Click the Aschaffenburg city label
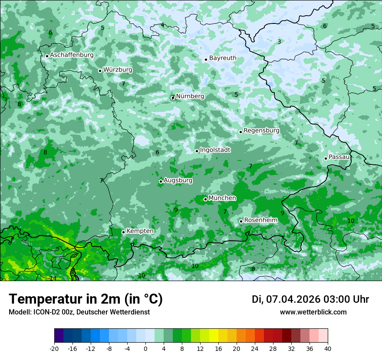[72, 55]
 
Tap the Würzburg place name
[118, 70]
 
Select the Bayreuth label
[223, 58]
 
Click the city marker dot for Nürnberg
[172, 98]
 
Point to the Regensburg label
[261, 131]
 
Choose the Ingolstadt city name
[215, 150]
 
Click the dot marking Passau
[326, 158]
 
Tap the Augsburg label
[178, 180]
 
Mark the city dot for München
[205, 199]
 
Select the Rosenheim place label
[260, 220]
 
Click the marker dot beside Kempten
[123, 232]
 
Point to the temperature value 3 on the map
[279, 42]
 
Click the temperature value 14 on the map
[53, 278]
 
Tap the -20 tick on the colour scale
[54, 348]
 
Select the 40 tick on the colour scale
[327, 348]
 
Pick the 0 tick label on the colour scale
[145, 348]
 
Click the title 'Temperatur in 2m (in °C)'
[86, 299]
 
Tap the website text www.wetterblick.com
[313, 312]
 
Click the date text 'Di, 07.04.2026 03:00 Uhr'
[310, 299]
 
